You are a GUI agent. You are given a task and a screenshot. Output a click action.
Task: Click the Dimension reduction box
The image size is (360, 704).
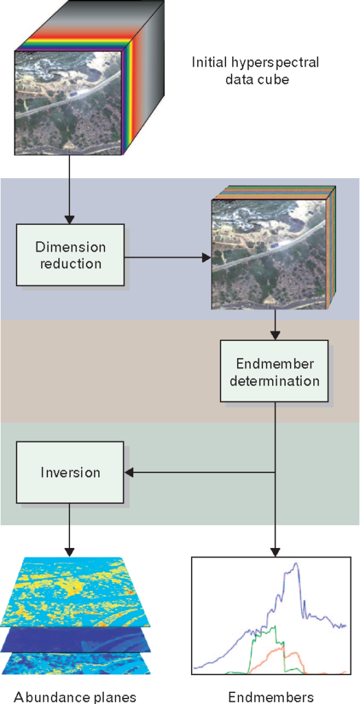coord(70,254)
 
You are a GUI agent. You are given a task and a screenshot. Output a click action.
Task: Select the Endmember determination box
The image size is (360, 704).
coord(274,371)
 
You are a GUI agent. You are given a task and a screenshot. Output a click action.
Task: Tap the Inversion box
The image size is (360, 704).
coord(69,472)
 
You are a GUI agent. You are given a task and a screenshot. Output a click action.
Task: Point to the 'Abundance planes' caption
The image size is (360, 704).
coord(75,697)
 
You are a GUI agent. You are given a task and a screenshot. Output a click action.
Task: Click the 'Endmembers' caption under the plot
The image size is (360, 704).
coord(271,697)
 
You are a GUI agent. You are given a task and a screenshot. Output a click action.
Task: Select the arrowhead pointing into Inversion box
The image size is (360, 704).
coord(129,472)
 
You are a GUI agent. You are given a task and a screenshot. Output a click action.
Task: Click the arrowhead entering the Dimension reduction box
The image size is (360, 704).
coord(69,219)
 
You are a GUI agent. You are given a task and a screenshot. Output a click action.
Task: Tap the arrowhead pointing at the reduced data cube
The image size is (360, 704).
coord(207,258)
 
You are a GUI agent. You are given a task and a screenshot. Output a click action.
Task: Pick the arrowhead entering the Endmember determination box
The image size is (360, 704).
coord(275,335)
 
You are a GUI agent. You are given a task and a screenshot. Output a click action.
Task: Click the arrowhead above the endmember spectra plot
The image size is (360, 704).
coord(275,551)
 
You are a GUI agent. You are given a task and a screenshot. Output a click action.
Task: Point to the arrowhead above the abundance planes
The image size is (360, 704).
coord(69,551)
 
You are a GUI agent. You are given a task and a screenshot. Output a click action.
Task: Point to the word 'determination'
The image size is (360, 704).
coord(274,381)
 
